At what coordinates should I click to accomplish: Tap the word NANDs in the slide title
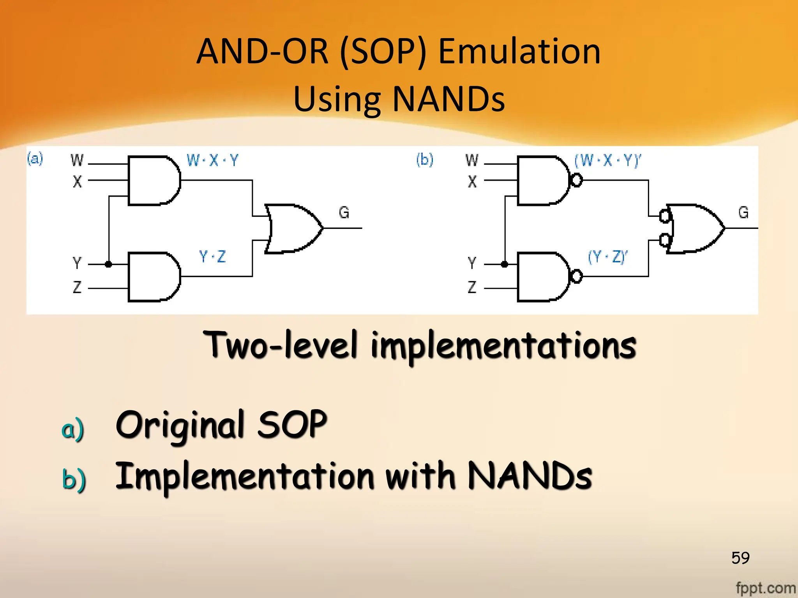coord(448,99)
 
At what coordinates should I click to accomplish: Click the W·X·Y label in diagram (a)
coord(212,160)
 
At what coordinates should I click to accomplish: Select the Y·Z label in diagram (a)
coord(212,257)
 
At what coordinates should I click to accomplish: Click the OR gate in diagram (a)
coord(292,229)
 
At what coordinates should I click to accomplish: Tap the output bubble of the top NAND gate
coord(577,180)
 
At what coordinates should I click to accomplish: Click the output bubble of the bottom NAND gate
coord(576,276)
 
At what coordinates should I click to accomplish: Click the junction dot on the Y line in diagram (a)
coord(109,264)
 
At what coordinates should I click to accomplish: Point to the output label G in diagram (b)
coord(743,213)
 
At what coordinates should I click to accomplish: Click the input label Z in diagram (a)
coord(77,287)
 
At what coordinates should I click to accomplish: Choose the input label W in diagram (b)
coord(472,160)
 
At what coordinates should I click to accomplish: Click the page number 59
coord(740,558)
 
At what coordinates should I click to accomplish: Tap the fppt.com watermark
coord(765,588)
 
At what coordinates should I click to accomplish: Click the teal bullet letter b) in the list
coord(74,479)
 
